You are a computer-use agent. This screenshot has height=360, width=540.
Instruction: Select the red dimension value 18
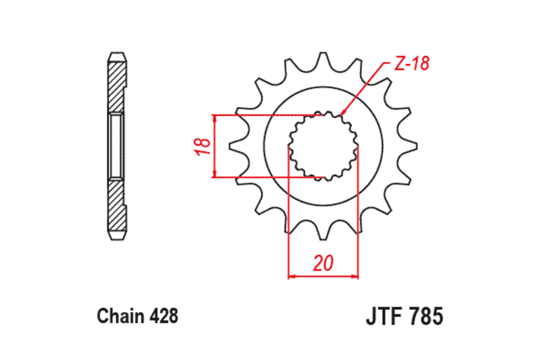click(x=203, y=146)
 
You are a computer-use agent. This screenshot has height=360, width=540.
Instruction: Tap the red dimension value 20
click(x=324, y=263)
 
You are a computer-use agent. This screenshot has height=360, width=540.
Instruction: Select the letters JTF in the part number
click(x=387, y=316)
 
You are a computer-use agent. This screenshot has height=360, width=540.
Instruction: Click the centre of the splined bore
click(x=323, y=146)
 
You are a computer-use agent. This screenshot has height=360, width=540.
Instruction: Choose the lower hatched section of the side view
click(x=117, y=205)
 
